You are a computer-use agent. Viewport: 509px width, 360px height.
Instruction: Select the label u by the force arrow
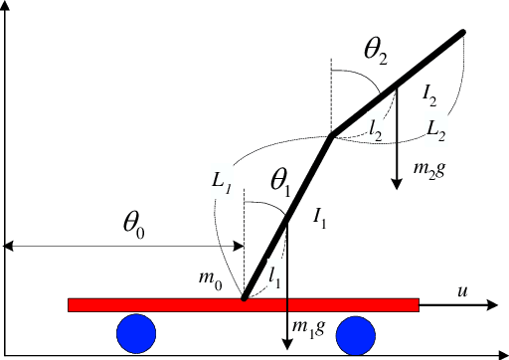(462, 290)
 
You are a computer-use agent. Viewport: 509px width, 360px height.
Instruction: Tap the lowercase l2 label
(375, 126)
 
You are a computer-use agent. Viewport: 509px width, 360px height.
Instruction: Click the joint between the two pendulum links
(331, 136)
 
